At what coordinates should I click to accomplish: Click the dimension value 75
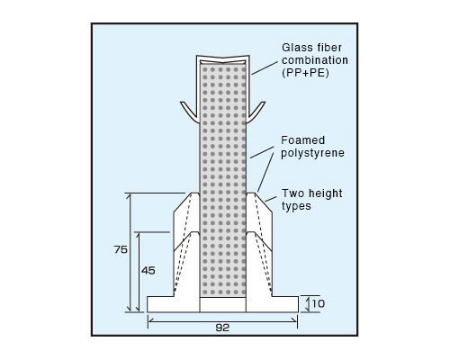121,249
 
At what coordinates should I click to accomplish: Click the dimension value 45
148,271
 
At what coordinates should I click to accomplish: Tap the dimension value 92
222,328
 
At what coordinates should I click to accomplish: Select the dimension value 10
319,303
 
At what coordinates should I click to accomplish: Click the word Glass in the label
297,48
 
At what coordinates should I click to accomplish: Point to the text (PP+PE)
305,73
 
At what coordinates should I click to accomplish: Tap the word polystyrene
312,153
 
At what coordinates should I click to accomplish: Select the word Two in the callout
292,193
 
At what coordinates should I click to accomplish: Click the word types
296,206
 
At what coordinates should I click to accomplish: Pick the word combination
315,60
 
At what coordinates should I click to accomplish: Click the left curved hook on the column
190,112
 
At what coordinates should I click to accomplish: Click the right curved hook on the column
256,112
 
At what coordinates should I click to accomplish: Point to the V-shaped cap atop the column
223,58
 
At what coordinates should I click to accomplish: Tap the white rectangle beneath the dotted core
223,304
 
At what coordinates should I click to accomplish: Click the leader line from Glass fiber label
265,68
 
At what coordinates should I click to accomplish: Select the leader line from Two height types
271,199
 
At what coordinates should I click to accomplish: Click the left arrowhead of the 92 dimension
151,321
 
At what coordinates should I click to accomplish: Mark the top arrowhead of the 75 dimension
130,197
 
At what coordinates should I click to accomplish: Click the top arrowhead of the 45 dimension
138,236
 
